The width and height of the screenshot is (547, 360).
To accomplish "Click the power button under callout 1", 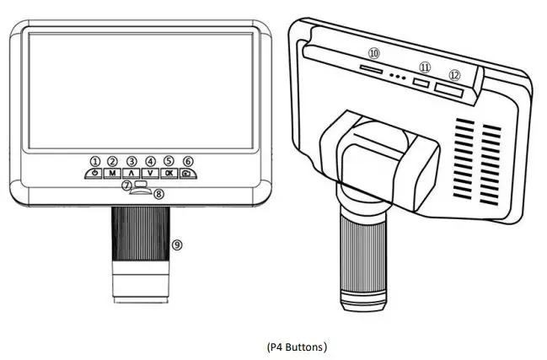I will pyautogui.click(x=94, y=173).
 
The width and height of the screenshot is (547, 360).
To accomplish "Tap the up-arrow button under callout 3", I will pyautogui.click(x=131, y=173).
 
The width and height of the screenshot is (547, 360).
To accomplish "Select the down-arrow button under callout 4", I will pyautogui.click(x=150, y=173).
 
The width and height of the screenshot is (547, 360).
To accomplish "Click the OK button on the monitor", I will pyautogui.click(x=169, y=173).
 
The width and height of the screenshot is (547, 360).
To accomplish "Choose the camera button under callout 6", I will pyautogui.click(x=187, y=173).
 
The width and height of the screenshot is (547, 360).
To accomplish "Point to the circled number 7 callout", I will pyautogui.click(x=126, y=185).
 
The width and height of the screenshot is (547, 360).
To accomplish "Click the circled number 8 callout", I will pyautogui.click(x=158, y=194).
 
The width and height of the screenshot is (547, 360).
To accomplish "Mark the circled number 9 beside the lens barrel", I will pyautogui.click(x=176, y=244).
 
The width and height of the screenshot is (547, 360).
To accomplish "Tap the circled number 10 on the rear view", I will pyautogui.click(x=373, y=52).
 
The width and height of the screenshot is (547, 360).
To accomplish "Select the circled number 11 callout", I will pyautogui.click(x=425, y=67).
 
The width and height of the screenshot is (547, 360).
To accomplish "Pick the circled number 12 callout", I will pyautogui.click(x=455, y=74).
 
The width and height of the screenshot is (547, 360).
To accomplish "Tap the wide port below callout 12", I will pyautogui.click(x=448, y=88).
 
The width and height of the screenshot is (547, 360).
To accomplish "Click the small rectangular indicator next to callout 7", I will pyautogui.click(x=140, y=185).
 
